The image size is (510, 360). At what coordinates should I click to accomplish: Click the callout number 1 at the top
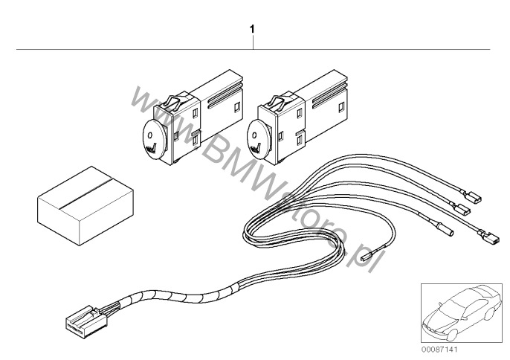click(252, 29)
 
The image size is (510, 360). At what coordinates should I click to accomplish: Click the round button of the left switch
click(155, 139)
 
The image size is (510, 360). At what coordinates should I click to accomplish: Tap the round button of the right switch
click(259, 140)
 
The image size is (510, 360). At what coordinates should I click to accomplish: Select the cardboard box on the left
click(85, 206)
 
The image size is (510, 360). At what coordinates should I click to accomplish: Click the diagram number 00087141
click(439, 350)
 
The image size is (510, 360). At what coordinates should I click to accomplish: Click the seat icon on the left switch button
click(152, 148)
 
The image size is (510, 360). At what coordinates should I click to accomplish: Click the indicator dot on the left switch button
click(150, 135)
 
